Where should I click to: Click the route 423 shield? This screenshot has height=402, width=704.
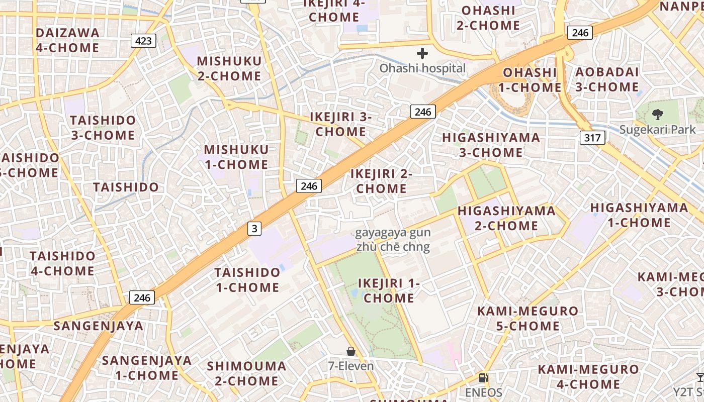pos(143,41)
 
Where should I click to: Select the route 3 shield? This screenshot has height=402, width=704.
pos(254,229)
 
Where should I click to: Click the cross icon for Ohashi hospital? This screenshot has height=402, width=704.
pos(422,53)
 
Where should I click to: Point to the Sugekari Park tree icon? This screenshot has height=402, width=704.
pos(657,114)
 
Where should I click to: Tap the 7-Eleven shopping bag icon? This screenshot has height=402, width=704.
pos(351,351)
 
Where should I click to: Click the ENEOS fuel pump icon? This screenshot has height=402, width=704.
pos(483,378)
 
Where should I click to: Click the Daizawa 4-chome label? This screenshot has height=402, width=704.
pos(67,40)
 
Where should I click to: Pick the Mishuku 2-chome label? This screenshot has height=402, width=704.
pos(229,68)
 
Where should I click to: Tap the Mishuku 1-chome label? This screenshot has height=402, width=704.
pos(236,157)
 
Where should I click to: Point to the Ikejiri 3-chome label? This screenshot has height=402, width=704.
pos(340,124)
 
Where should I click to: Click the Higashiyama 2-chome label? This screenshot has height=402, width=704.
pos(506,218)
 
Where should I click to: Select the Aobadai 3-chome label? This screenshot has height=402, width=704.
pos(606,79)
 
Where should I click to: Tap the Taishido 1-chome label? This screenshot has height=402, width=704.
pos(247,280)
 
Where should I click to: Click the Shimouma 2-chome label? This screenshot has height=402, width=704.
pos(246,373)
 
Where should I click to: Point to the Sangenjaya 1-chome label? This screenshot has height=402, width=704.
pos(147,368)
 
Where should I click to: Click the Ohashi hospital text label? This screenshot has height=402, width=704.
pos(422,68)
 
